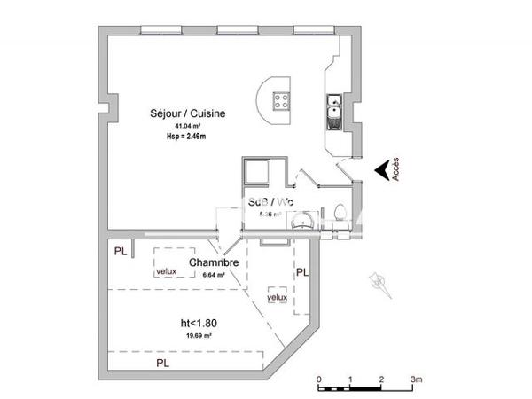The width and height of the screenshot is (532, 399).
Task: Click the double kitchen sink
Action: (332, 111)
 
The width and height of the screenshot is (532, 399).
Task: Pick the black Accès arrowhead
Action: (380, 170)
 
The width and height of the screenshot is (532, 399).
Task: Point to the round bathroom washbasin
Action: (302, 222)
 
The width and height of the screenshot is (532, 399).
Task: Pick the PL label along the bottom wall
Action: (162, 364)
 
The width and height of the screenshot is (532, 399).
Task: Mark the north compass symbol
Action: (376, 282)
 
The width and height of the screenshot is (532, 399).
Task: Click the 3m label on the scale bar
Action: (414, 379)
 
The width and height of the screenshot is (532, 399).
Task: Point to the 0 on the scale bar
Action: (319, 379)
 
